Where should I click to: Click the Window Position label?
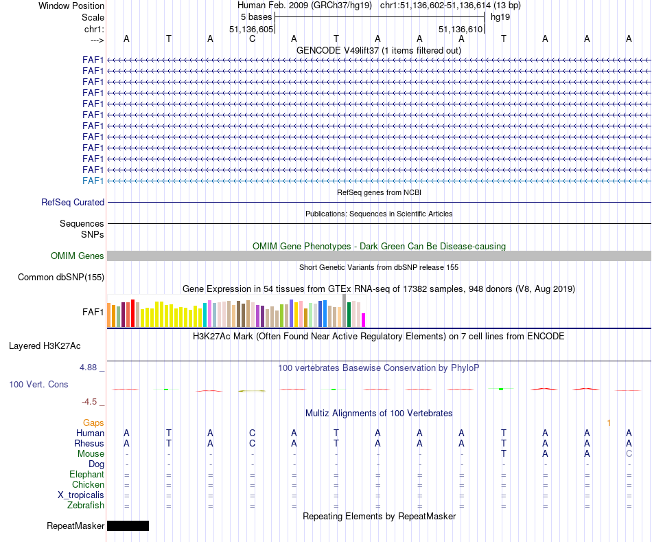click(71, 5)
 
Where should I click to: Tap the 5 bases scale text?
click(257, 16)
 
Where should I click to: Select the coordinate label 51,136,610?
click(460, 29)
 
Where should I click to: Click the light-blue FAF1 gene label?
click(93, 181)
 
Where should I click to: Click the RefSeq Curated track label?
click(73, 203)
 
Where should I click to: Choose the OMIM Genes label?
click(78, 256)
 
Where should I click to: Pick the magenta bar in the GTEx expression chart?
click(364, 320)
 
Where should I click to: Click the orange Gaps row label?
click(93, 423)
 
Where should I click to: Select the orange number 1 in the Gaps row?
click(608, 423)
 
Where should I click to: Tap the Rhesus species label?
click(89, 444)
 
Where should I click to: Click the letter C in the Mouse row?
click(629, 454)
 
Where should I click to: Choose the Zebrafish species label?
click(86, 506)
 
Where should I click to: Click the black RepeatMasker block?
click(128, 526)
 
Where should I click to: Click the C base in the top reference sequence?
click(252, 38)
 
